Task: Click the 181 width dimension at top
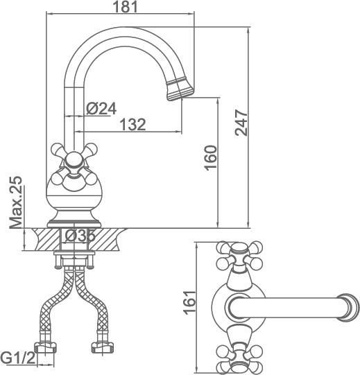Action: tap(125, 7)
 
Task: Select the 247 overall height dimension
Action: tap(241, 123)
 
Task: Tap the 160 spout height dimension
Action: tap(211, 158)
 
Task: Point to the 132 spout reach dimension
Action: tap(133, 124)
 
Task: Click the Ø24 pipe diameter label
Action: tap(101, 109)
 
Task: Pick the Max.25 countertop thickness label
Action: tap(16, 202)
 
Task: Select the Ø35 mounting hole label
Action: tap(80, 236)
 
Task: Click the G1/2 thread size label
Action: tap(18, 358)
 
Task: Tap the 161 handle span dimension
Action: tap(189, 302)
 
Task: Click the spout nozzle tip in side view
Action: tap(180, 90)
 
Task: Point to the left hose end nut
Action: tap(45, 348)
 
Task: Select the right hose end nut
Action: tap(103, 348)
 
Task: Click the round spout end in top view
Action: tap(348, 308)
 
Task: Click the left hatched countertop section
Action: tap(46, 239)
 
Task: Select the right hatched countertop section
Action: tap(106, 239)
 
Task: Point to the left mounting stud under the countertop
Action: tap(58, 261)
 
